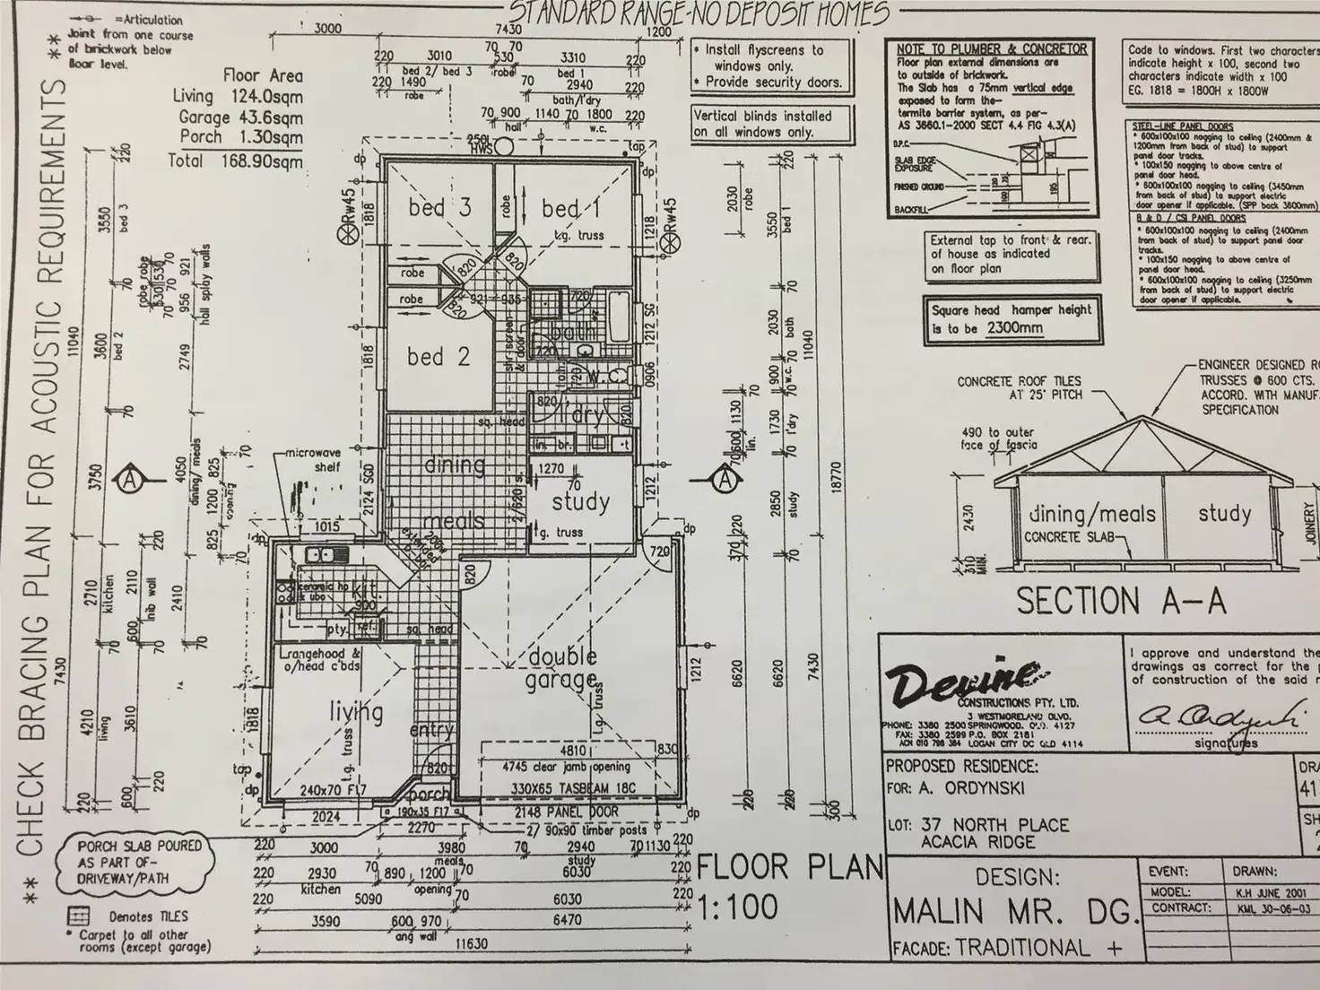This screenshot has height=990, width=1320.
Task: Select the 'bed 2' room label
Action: [438, 357]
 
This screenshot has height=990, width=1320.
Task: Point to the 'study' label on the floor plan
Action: [580, 501]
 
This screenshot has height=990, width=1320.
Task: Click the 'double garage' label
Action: [562, 668]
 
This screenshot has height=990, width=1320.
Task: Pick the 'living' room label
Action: [356, 713]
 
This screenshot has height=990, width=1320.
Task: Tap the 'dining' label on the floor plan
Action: [455, 465]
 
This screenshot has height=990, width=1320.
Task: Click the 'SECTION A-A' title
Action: [1120, 601]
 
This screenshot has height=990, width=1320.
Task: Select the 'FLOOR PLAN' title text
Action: [789, 868]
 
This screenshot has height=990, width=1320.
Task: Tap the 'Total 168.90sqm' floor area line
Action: [235, 161]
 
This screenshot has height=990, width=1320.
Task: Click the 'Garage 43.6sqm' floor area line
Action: [240, 117]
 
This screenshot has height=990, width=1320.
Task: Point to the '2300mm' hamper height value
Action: [1014, 328]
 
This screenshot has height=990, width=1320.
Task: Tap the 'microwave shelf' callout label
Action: [314, 460]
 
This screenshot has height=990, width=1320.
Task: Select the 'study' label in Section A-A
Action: [1224, 514]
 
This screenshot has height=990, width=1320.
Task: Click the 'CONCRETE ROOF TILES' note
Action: [1019, 381]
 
